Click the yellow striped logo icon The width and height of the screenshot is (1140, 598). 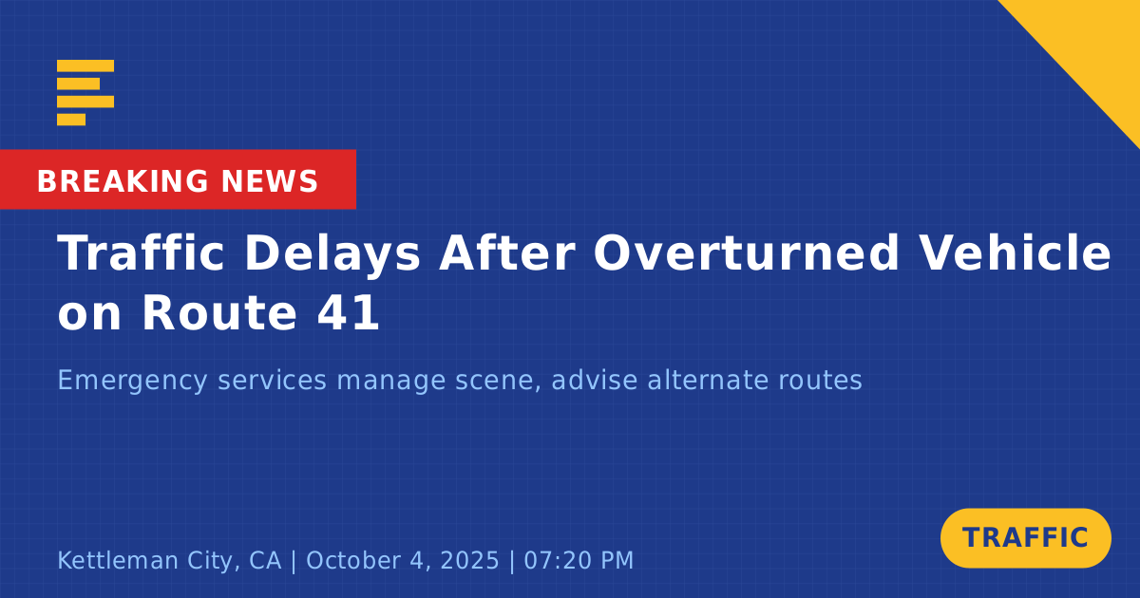pyautogui.click(x=85, y=93)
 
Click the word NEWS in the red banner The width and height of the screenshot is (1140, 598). pyautogui.click(x=270, y=181)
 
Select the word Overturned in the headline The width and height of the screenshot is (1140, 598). pyautogui.click(x=747, y=252)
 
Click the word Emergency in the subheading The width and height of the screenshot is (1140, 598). pyautogui.click(x=132, y=381)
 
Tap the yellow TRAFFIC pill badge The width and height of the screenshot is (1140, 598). pyautogui.click(x=1025, y=538)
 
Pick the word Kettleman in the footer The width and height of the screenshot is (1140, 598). pyautogui.click(x=117, y=560)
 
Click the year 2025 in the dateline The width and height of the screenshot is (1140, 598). pyautogui.click(x=469, y=560)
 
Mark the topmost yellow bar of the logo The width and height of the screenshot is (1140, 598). pyautogui.click(x=85, y=65)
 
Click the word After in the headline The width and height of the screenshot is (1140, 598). pyautogui.click(x=507, y=252)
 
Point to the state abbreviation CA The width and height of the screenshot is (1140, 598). pyautogui.click(x=265, y=560)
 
